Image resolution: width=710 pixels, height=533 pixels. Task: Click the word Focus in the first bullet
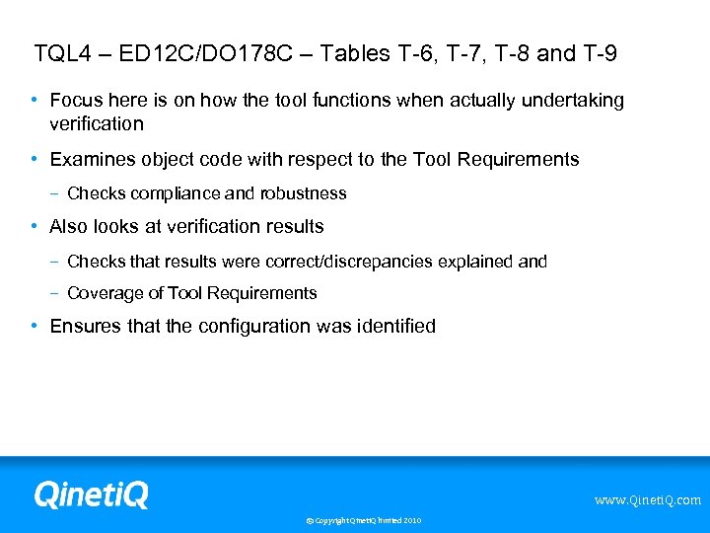coord(73,100)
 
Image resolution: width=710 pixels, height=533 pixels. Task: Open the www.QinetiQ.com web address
coord(647,500)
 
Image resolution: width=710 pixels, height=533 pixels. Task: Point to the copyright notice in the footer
coord(363,520)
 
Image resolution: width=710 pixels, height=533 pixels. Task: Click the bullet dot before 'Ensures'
coord(35,326)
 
